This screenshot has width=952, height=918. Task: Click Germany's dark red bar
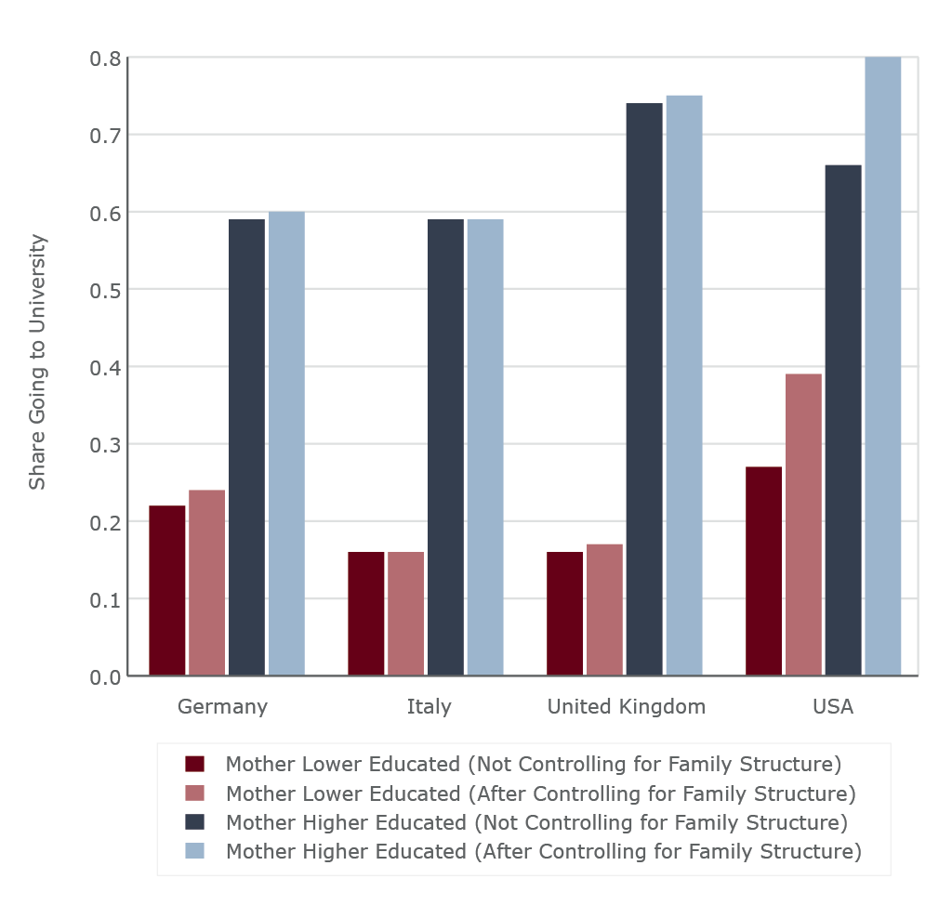167,590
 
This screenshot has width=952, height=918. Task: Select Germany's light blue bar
286,443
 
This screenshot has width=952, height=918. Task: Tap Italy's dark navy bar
445,447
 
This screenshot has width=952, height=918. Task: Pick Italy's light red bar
405,613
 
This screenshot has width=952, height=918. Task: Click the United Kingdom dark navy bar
644,389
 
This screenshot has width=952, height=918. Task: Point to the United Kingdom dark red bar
564,613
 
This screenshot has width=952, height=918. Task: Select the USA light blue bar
883,366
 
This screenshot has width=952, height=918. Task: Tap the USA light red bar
803,525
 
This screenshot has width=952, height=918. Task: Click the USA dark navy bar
843,420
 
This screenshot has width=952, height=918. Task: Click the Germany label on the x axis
222,706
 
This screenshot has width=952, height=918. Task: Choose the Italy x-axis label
429,706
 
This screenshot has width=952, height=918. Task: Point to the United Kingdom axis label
626,706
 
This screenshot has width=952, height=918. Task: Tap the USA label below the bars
832,706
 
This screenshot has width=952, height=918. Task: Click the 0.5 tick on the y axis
105,290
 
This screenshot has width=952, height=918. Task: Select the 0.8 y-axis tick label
105,59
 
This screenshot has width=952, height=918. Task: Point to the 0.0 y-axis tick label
105,677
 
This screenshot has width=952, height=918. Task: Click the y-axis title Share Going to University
37,362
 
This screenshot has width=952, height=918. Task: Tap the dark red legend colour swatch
194,765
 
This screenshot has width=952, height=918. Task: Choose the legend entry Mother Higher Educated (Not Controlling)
536,822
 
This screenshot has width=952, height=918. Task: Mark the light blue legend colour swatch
194,851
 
